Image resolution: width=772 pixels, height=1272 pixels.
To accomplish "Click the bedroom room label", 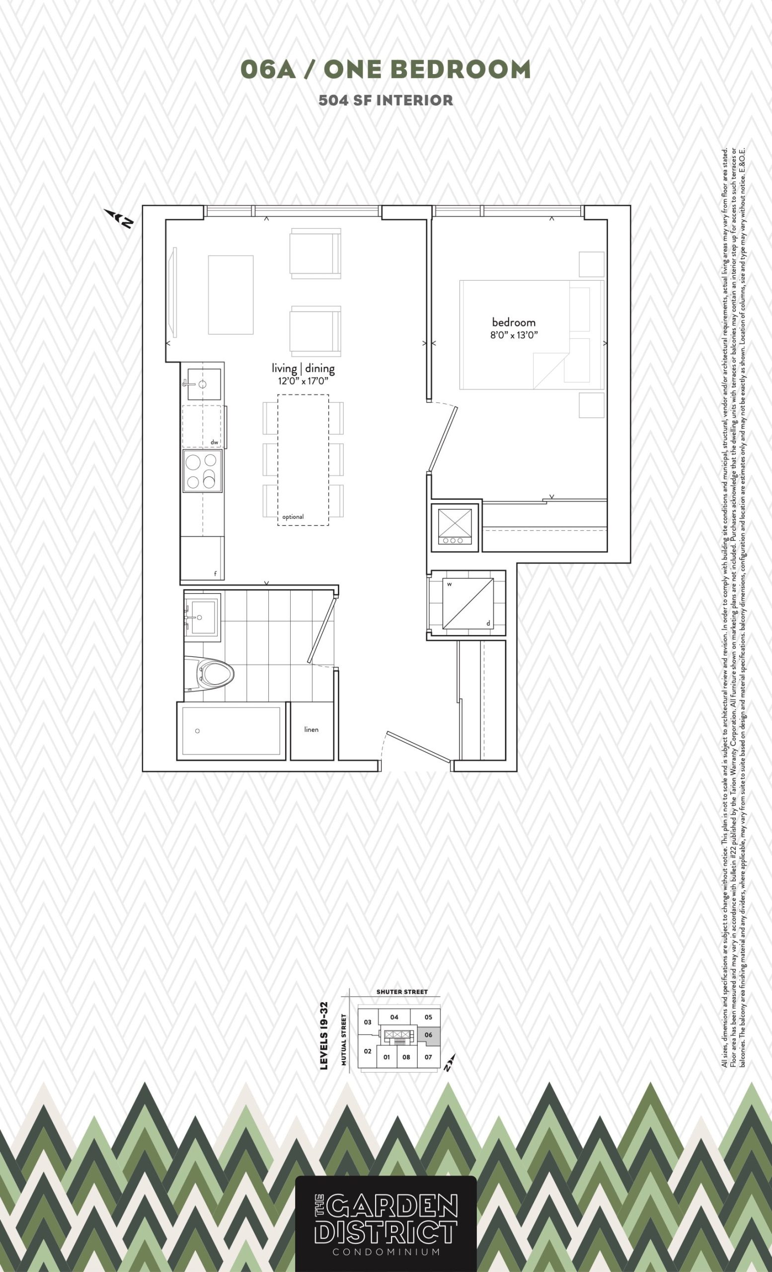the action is [x=514, y=322].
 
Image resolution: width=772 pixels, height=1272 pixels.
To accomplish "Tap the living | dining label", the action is [x=304, y=369].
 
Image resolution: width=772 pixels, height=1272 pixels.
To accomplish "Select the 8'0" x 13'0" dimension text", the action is [x=514, y=335].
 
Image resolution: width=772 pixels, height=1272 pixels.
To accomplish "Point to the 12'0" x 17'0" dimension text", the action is [x=304, y=382].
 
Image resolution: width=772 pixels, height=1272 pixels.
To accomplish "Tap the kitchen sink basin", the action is [x=204, y=384].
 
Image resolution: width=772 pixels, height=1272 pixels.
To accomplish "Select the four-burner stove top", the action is [x=202, y=470].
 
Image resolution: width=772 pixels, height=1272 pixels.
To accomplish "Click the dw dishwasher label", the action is [x=214, y=442].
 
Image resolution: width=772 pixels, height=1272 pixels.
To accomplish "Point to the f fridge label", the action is [x=215, y=573].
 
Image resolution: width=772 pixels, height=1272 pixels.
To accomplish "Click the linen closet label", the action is [x=311, y=729].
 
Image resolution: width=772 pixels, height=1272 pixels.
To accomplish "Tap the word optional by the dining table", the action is [x=293, y=517].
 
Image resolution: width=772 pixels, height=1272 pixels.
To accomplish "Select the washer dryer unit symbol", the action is [x=467, y=604].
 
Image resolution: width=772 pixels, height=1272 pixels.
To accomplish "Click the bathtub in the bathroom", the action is [x=231, y=731].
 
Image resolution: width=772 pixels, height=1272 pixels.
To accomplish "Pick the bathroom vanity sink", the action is [x=202, y=618].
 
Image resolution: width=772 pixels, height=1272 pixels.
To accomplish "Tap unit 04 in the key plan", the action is [x=394, y=1017].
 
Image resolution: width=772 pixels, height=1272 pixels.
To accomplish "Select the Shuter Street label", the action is [x=402, y=992].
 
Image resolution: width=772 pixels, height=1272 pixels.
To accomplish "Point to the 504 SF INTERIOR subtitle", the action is [x=386, y=100].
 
